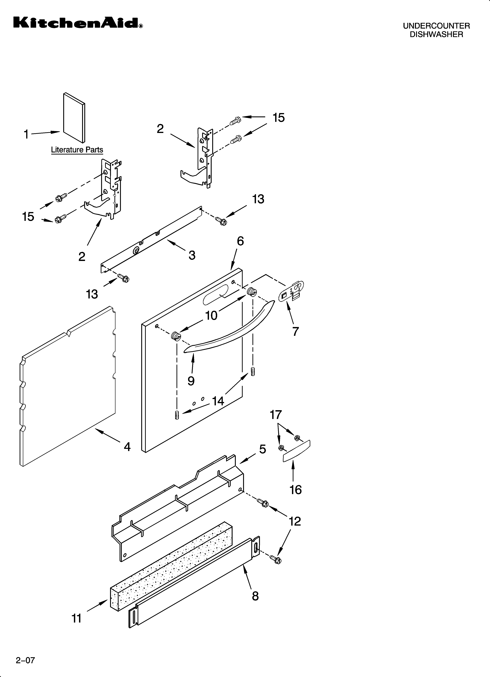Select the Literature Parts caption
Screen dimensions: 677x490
pyautogui.click(x=77, y=150)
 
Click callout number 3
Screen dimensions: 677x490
pyautogui.click(x=192, y=255)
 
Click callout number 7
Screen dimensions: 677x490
pyautogui.click(x=295, y=331)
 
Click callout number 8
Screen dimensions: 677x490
pyautogui.click(x=255, y=596)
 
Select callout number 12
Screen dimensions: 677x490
pyautogui.click(x=295, y=521)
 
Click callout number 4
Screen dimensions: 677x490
pyautogui.click(x=127, y=447)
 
